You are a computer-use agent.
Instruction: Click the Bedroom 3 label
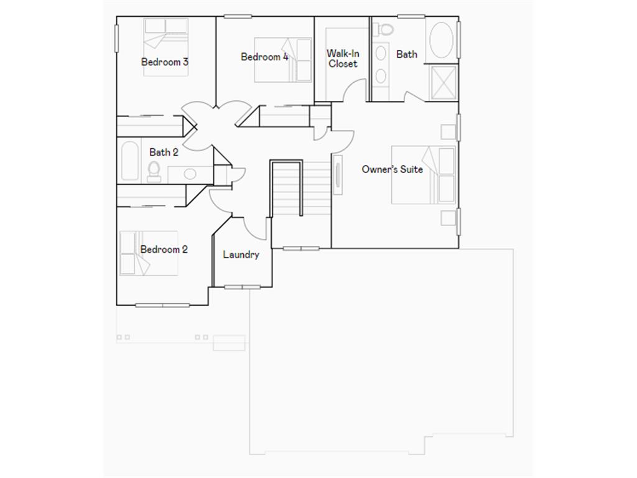point(165,62)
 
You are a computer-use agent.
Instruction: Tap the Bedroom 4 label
point(264,57)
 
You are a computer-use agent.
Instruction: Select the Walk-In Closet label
point(343,59)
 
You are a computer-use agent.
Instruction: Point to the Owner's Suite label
point(392,169)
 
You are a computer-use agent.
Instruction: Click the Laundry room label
point(241,255)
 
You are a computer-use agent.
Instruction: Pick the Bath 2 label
point(164,152)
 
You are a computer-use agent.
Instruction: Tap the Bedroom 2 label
point(164,250)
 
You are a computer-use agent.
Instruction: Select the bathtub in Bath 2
point(130,161)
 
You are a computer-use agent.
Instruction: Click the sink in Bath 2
point(190,174)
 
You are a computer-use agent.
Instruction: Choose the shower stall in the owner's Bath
point(444,82)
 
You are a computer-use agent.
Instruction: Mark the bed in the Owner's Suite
point(424,174)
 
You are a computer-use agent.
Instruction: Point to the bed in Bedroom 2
point(148,253)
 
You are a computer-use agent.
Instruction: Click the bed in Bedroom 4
point(284,60)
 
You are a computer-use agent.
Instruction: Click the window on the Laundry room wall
point(242,287)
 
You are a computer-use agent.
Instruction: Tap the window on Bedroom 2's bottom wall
point(162,305)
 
